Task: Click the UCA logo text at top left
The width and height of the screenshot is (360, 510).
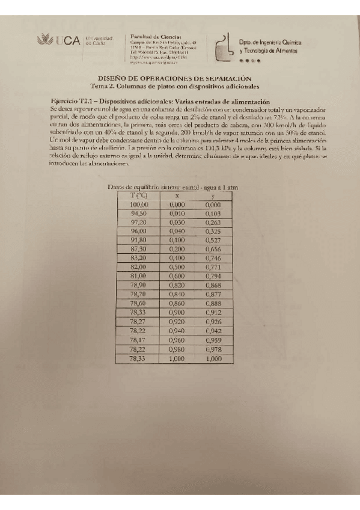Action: tap(67, 41)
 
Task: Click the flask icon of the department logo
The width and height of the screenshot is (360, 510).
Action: tap(224, 48)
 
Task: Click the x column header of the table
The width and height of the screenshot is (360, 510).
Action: tap(177, 195)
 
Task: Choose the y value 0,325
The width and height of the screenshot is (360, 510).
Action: tap(212, 230)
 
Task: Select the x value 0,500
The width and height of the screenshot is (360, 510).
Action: tap(177, 266)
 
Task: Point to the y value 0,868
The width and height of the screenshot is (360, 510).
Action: tap(212, 284)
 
